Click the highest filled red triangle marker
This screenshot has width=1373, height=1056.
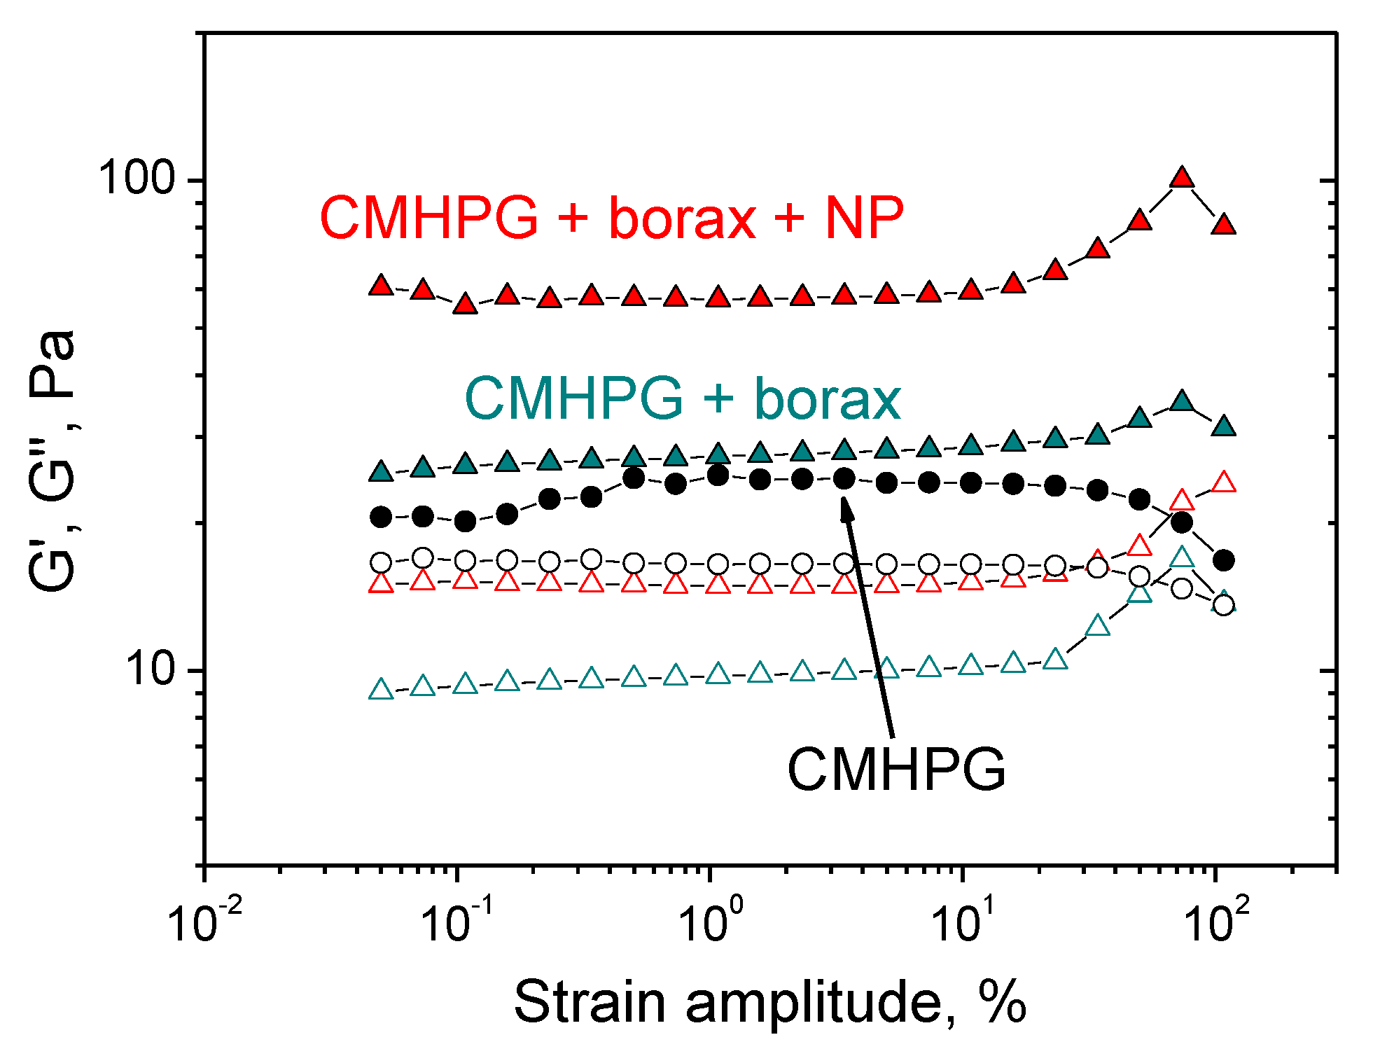(x=1182, y=178)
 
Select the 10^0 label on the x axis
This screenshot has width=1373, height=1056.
(x=711, y=921)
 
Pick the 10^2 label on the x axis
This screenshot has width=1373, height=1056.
(x=1217, y=921)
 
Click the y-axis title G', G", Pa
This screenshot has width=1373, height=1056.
(x=53, y=461)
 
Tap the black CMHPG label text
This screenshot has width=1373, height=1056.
(x=896, y=770)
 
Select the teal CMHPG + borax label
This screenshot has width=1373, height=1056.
(x=683, y=399)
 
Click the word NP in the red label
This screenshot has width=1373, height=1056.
(x=864, y=218)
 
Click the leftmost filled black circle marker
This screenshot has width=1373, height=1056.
(x=381, y=517)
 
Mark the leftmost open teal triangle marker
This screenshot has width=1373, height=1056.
(x=381, y=690)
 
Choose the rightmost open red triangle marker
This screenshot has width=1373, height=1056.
(x=1224, y=482)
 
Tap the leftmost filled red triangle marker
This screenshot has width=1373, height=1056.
(x=381, y=286)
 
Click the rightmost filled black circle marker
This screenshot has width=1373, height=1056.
(x=1224, y=560)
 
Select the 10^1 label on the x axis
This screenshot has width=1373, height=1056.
(x=965, y=921)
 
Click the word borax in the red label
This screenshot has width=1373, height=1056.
(x=683, y=218)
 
